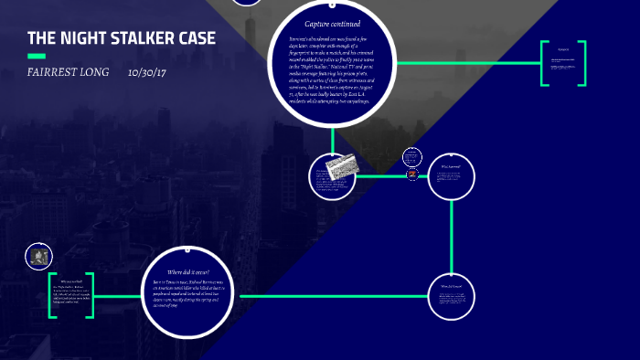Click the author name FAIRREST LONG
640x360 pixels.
69,72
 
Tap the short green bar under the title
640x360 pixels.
37,56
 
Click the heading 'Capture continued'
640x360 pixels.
333,24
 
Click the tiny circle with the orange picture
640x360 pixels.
413,174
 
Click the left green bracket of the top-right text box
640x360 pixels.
543,64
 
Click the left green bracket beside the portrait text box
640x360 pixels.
52,295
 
